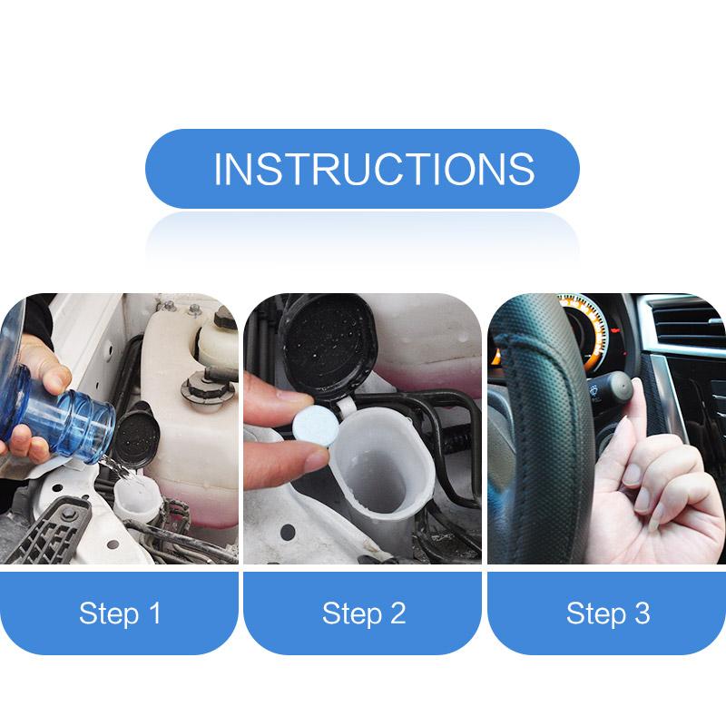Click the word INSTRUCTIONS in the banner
tap(373, 170)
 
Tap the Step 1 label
tap(120, 613)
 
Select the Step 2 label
tap(363, 613)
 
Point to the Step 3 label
tap(608, 613)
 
